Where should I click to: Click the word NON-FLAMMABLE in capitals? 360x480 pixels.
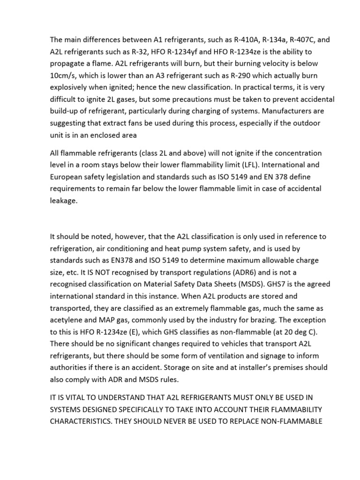pos(289,421)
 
